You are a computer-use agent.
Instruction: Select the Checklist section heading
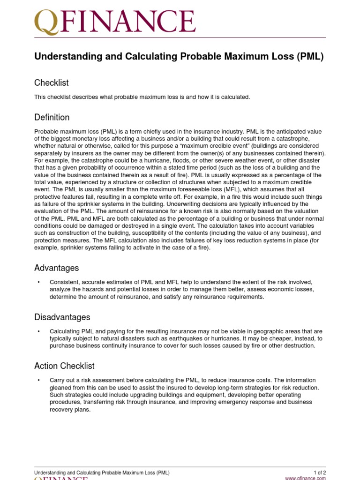coord(52,83)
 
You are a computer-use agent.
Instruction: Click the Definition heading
coord(52,117)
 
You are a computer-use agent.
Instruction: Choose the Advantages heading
coord(57,268)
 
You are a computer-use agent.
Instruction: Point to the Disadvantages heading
coord(62,317)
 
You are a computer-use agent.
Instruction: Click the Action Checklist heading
coord(65,366)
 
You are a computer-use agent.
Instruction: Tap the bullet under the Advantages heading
coord(38,282)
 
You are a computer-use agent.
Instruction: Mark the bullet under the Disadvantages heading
coord(38,331)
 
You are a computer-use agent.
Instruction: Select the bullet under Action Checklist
coord(38,380)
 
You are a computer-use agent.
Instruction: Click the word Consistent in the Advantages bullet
coord(65,282)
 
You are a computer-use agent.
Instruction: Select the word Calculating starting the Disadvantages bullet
coord(66,331)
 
